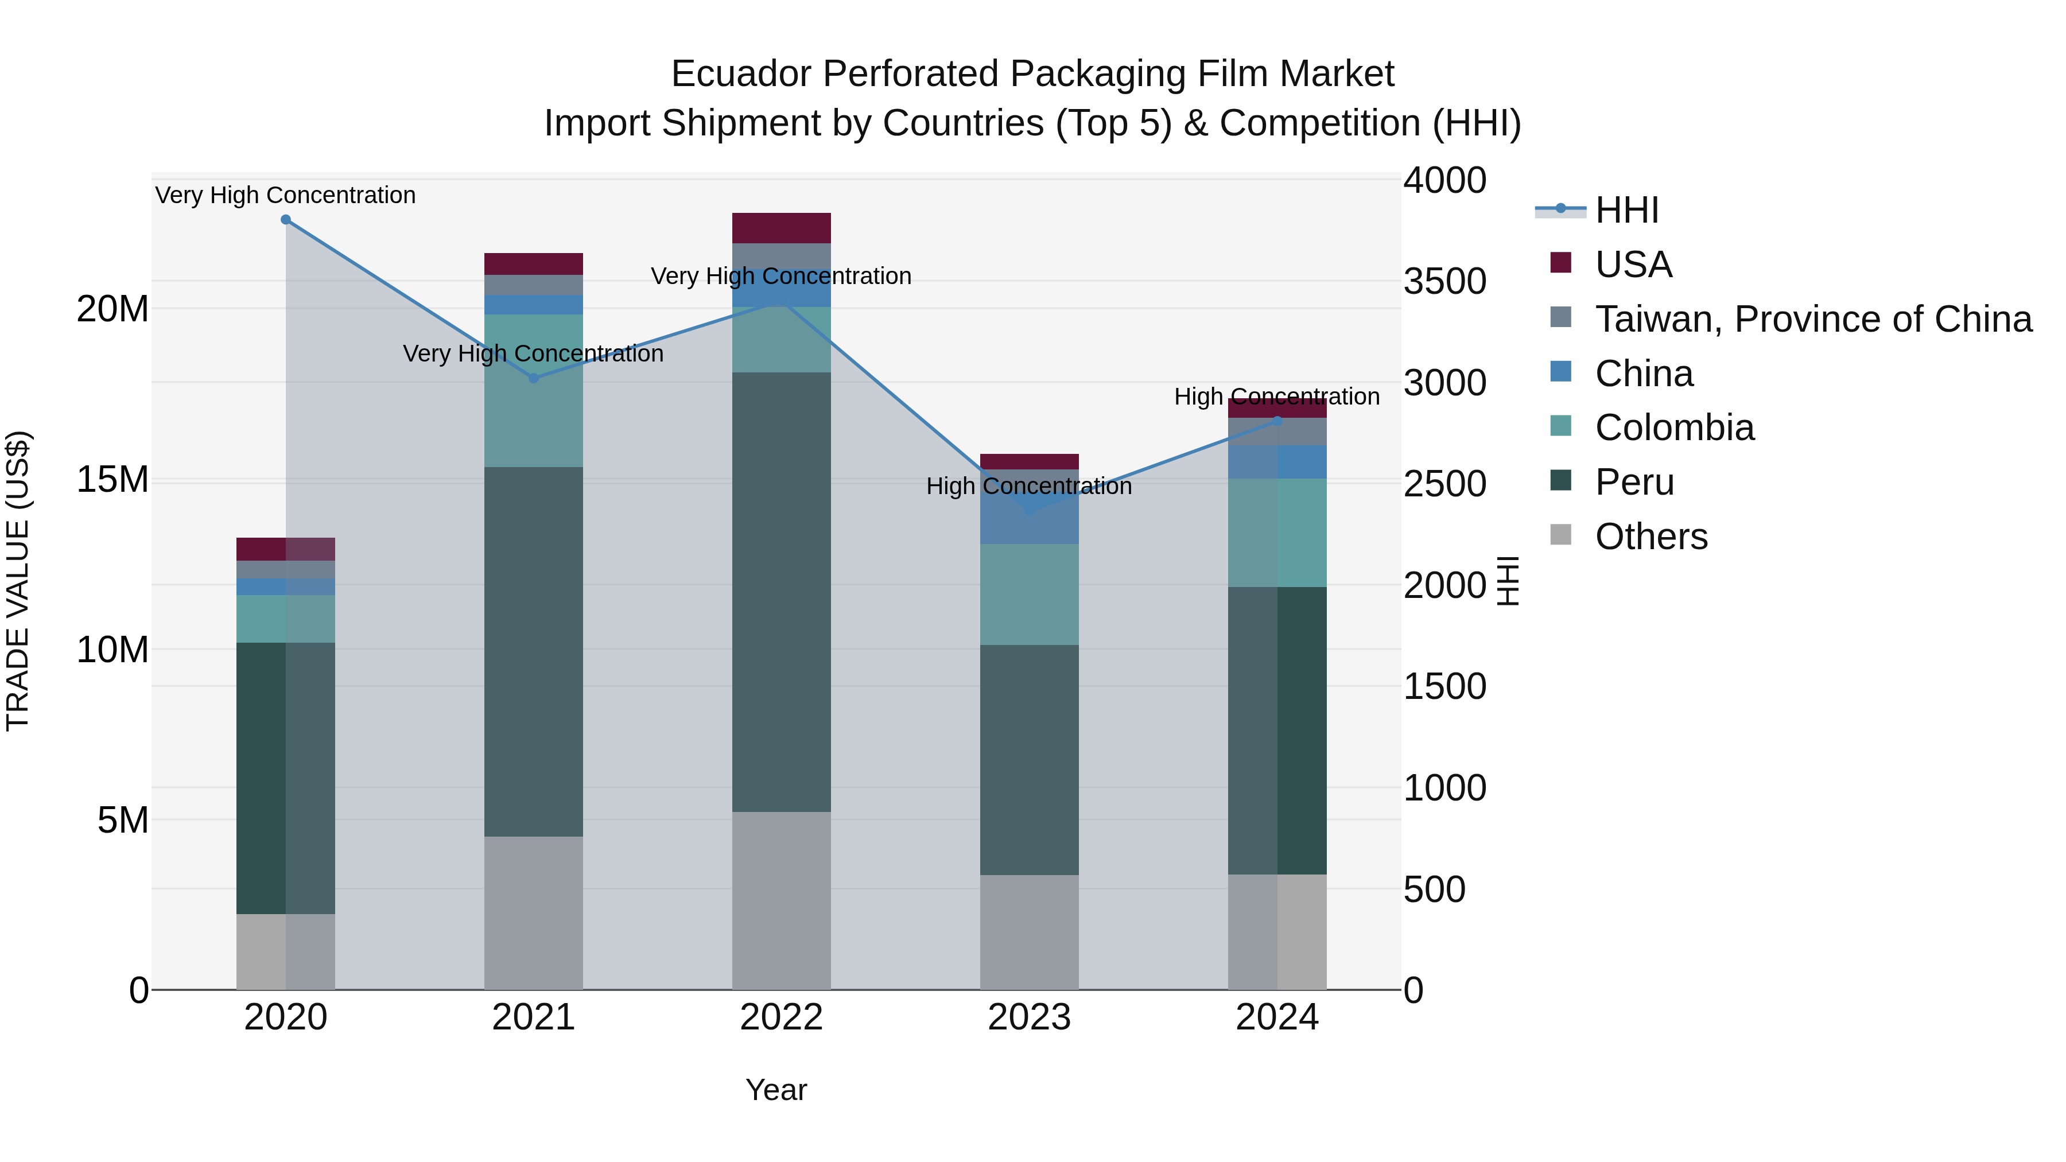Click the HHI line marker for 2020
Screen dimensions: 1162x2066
286,220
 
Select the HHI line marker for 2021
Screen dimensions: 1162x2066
533,378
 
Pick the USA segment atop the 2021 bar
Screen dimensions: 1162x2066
533,264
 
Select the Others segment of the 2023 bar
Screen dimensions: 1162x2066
1029,932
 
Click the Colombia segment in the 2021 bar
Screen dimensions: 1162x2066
533,391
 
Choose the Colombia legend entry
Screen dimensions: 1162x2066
1674,428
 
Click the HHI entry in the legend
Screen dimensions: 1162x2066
1626,210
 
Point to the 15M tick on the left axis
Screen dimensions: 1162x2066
112,480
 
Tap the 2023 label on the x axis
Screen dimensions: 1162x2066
1029,1017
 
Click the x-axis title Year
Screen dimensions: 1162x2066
775,1090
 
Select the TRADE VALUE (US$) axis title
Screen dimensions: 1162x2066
18,581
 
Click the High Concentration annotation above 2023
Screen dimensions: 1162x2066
1029,486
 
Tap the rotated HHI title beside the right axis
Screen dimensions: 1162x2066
1508,581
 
